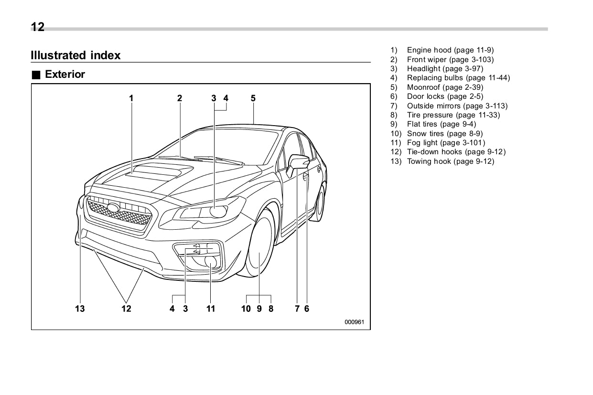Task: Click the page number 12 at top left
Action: pyautogui.click(x=38, y=27)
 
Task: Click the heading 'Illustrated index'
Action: pyautogui.click(x=75, y=55)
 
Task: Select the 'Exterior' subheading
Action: pyautogui.click(x=65, y=75)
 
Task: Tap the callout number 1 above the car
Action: pyautogui.click(x=131, y=98)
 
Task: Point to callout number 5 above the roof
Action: pyautogui.click(x=253, y=98)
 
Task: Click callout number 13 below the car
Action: pyautogui.click(x=80, y=309)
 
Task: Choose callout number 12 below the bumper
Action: pyautogui.click(x=126, y=309)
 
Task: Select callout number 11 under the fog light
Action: pyautogui.click(x=211, y=309)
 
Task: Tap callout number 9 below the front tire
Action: pyautogui.click(x=259, y=309)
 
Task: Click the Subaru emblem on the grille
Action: pyautogui.click(x=114, y=208)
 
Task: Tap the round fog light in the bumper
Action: pyautogui.click(x=211, y=262)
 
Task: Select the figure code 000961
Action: pyautogui.click(x=354, y=322)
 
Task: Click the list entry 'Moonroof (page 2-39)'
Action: pyautogui.click(x=444, y=87)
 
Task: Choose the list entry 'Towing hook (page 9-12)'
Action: pyautogui.click(x=450, y=161)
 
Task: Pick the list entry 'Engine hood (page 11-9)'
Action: pyautogui.click(x=450, y=50)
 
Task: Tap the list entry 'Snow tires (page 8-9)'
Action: pyautogui.click(x=444, y=134)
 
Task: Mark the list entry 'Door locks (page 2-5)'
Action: pyautogui.click(x=444, y=96)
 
